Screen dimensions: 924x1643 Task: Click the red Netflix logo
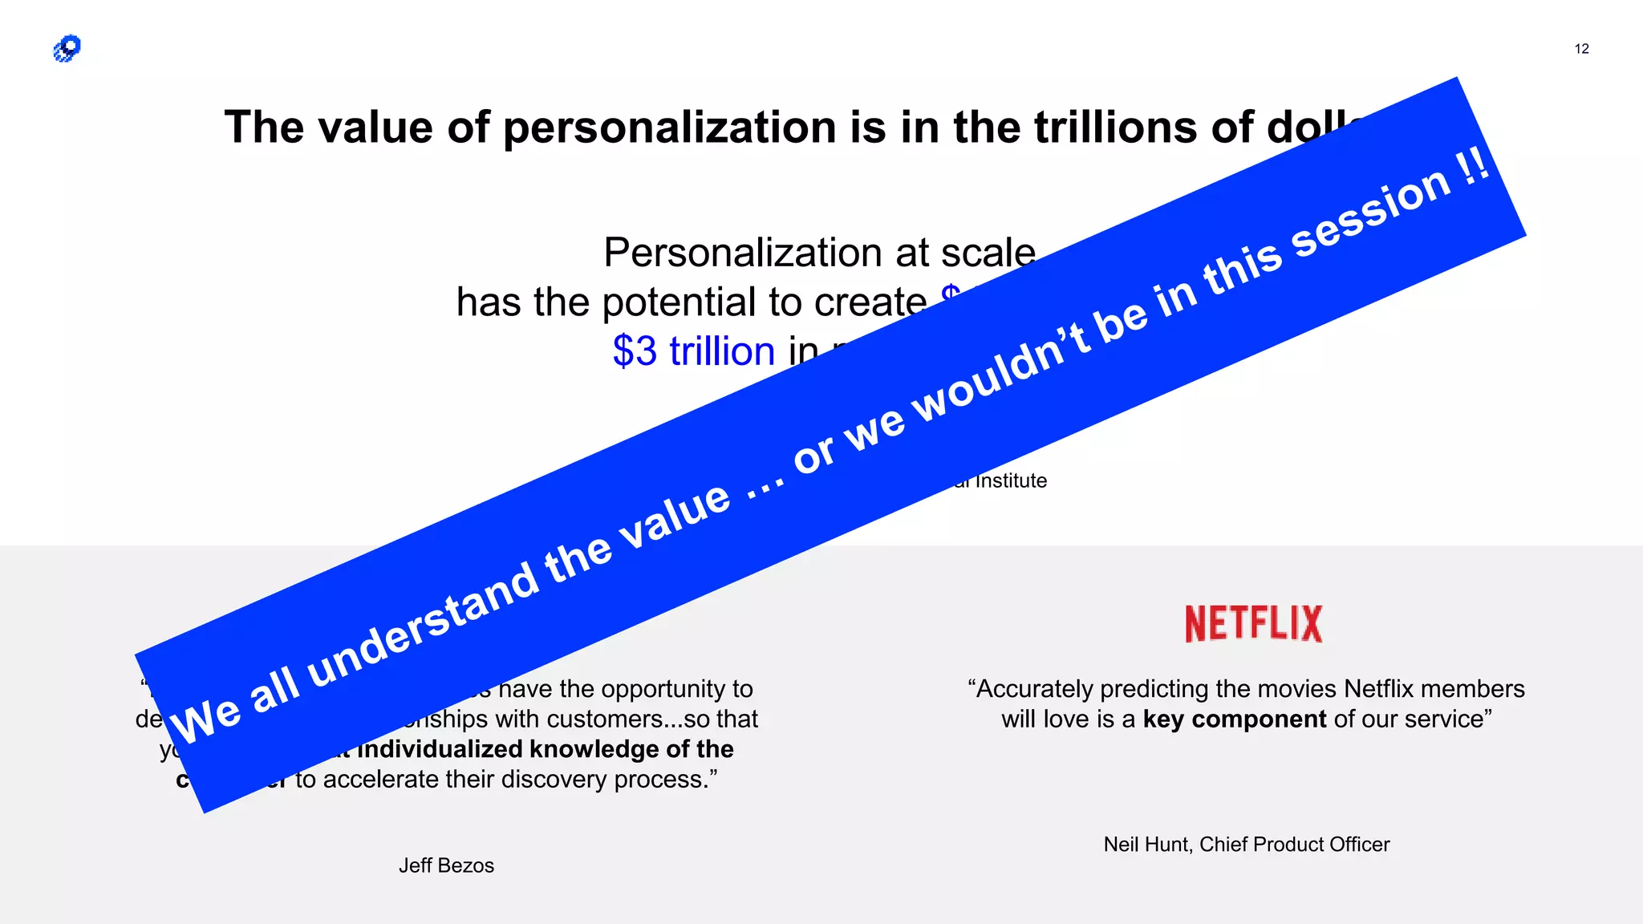(1253, 624)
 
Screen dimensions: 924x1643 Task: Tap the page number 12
(1581, 49)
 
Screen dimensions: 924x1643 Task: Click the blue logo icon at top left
(67, 49)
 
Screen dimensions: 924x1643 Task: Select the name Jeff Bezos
(446, 865)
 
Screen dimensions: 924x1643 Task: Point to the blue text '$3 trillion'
(694, 351)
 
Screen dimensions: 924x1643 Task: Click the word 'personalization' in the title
(670, 128)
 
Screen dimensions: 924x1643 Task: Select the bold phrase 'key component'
(1235, 719)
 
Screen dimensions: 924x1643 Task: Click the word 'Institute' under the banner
(1011, 481)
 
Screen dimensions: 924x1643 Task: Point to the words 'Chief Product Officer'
(1294, 845)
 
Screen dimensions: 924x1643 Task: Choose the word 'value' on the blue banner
(675, 517)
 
